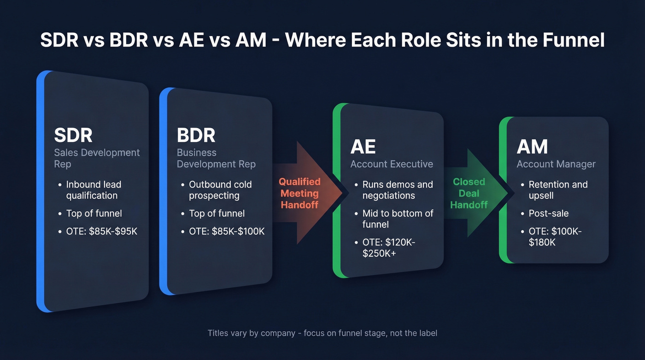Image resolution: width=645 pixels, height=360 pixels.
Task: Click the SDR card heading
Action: [x=73, y=135]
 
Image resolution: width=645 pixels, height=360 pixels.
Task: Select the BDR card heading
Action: [x=196, y=135]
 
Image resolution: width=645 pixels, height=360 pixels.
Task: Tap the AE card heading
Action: [x=363, y=147]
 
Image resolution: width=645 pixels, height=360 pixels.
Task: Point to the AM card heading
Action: [x=532, y=147]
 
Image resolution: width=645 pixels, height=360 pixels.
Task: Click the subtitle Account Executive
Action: [x=392, y=164]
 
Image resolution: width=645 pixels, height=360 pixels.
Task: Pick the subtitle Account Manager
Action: [x=556, y=164]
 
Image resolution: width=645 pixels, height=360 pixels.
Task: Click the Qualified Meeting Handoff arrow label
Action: [x=299, y=193]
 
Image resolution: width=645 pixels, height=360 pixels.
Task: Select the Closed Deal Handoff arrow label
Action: [x=469, y=193]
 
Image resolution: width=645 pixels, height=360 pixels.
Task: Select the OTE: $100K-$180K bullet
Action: [x=555, y=236]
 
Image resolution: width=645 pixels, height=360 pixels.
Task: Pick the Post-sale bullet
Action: [x=548, y=213]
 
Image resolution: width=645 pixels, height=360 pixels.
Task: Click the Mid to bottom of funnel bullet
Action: [x=398, y=219]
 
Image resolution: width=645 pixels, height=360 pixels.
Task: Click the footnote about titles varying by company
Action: [x=322, y=333]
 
